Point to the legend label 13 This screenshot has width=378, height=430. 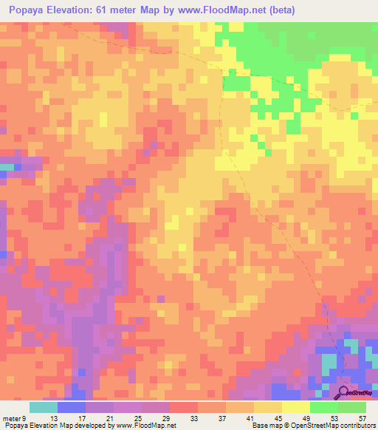(54, 417)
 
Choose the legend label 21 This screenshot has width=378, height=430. (110, 417)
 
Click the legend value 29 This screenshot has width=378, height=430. (166, 417)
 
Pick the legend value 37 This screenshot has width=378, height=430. (222, 417)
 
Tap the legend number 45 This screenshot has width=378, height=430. (278, 417)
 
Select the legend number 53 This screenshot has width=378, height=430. (334, 417)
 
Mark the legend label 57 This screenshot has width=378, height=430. (362, 417)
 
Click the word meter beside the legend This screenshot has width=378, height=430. (13, 417)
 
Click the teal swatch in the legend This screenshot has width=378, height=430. (43, 407)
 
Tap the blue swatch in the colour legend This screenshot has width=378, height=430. (71, 407)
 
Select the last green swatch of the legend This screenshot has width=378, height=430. (352, 407)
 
